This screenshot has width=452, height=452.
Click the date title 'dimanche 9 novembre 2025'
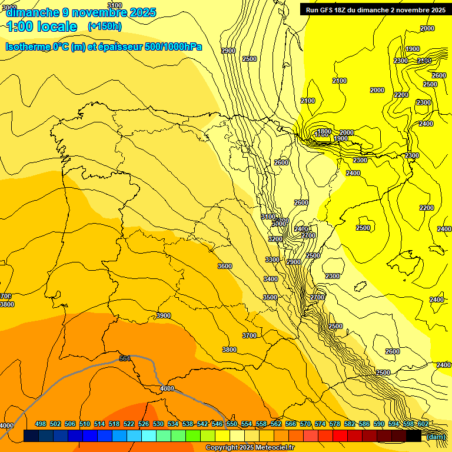81,12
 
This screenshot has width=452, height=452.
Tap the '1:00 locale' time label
42,26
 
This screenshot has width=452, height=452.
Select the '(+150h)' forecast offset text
104,26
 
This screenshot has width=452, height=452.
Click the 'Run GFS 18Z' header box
375,9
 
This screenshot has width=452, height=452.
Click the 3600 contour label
225,266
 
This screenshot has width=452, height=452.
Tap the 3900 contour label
164,316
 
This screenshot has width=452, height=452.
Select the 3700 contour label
250,335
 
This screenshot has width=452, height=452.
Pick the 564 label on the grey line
125,358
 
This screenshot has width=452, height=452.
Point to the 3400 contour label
271,279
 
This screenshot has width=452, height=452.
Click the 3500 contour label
270,297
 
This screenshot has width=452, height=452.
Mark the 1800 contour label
324,131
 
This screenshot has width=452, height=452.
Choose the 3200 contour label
275,240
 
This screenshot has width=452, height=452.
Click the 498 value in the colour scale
41,424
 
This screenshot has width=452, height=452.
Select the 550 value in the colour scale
232,424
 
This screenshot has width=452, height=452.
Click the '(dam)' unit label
435,437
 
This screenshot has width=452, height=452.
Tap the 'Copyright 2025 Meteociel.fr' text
250,447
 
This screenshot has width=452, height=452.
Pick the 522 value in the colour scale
129,424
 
